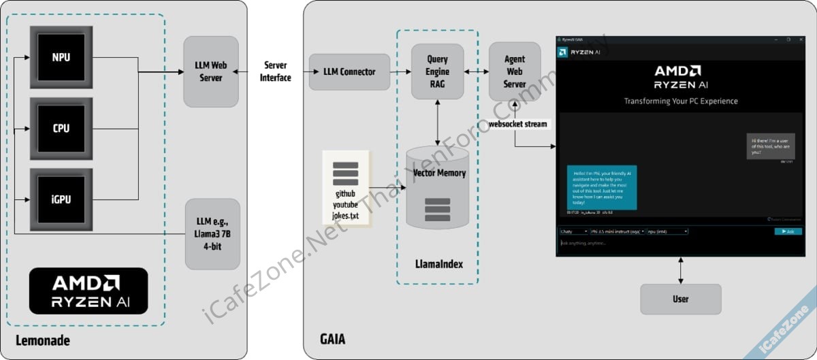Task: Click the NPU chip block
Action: tap(61, 58)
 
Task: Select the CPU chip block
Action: tap(61, 128)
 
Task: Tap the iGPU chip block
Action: tap(61, 200)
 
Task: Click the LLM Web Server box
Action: tap(211, 71)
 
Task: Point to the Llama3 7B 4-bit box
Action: tap(212, 233)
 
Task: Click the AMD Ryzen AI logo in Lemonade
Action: tap(89, 291)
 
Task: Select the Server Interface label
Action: tap(275, 71)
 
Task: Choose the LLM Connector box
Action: tap(349, 71)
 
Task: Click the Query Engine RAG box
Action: tap(437, 71)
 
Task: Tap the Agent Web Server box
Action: tap(514, 71)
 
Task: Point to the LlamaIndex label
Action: tap(438, 263)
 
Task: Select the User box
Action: tap(680, 299)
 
